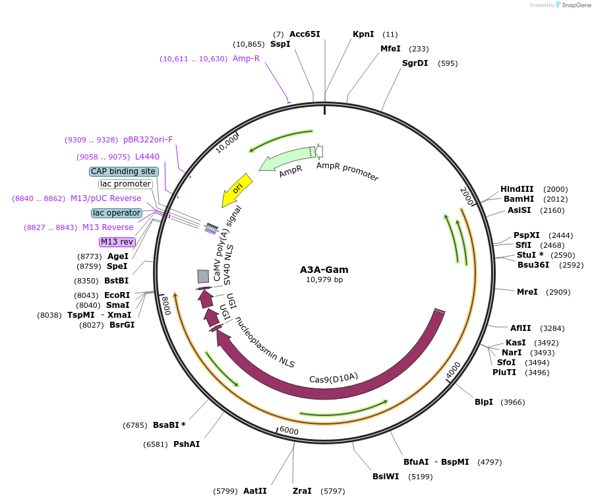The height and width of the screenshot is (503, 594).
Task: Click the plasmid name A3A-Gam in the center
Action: (324, 270)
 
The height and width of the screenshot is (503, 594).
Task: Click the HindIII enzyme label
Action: (516, 189)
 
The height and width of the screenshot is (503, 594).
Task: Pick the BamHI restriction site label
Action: (518, 199)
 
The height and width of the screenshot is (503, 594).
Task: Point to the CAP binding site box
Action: (124, 171)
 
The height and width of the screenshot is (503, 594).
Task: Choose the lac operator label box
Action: (117, 213)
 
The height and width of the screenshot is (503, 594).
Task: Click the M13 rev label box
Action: (117, 242)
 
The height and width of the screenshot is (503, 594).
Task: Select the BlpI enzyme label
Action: (484, 402)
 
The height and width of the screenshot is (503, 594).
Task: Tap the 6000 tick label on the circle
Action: (288, 430)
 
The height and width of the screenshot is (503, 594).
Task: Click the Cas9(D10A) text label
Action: (334, 378)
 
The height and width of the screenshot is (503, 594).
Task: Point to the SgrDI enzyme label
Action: (415, 63)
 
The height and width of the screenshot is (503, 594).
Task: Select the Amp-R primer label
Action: (246, 59)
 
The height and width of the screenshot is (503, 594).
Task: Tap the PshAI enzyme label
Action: (187, 444)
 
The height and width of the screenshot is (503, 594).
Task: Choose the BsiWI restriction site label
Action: (385, 477)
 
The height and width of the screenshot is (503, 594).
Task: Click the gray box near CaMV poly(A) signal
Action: (203, 276)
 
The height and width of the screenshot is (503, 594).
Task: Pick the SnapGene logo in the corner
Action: (570, 5)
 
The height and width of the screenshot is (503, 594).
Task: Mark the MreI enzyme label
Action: (527, 291)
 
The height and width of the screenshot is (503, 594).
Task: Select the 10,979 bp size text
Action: (324, 280)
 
